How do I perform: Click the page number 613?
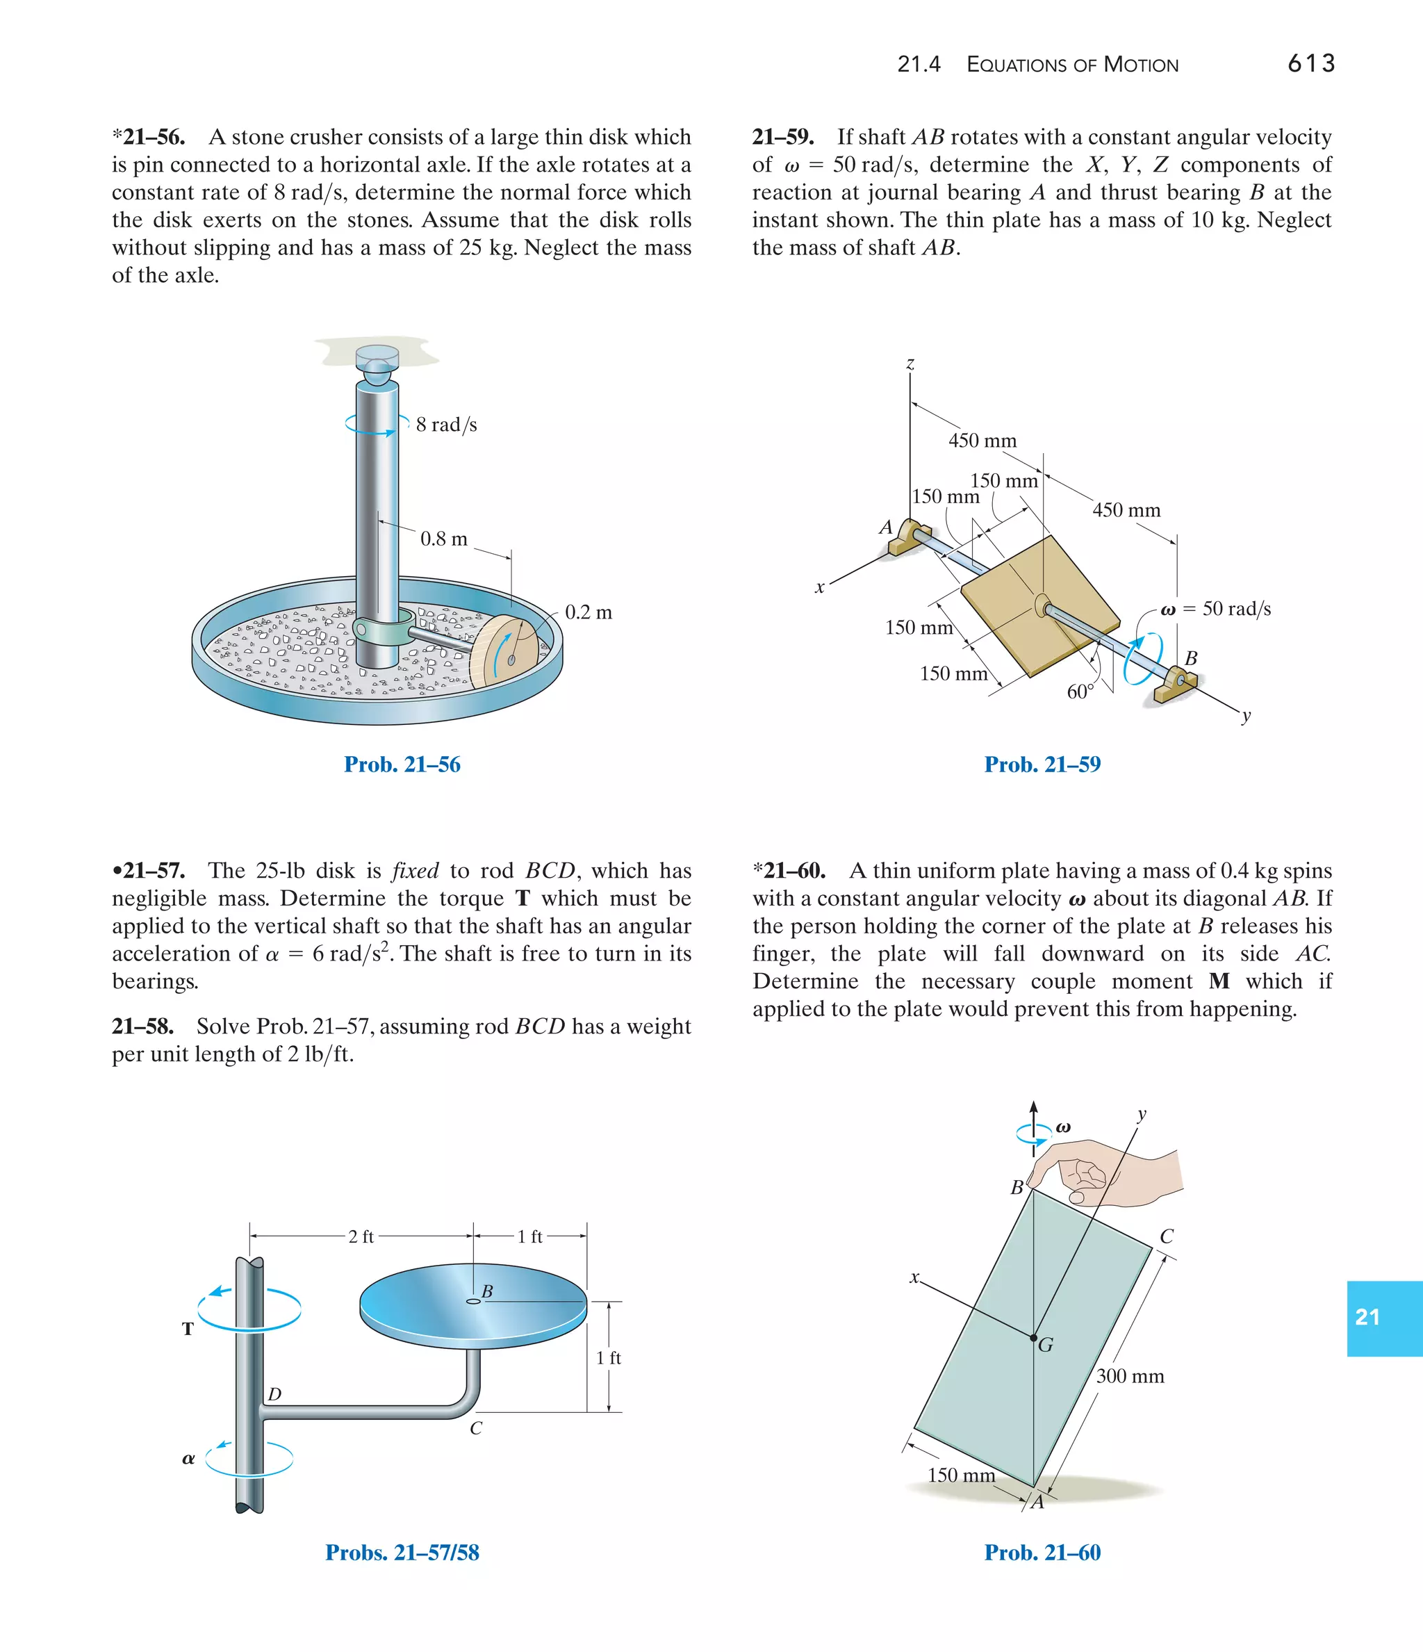click(1310, 64)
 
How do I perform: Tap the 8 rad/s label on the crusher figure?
click(447, 424)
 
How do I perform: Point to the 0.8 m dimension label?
click(443, 539)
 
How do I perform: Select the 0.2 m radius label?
click(589, 612)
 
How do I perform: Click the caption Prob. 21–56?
click(402, 764)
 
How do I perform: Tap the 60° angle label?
click(1080, 692)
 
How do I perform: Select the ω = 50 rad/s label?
click(1216, 609)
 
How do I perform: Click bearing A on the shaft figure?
click(909, 537)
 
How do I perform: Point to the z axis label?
click(910, 363)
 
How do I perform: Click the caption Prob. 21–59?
click(1042, 764)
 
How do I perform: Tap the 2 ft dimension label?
click(361, 1236)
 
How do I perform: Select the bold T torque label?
click(188, 1329)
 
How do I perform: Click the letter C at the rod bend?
click(476, 1428)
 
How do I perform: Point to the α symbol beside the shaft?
click(188, 1458)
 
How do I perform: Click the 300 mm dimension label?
click(1130, 1376)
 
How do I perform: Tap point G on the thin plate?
click(1033, 1339)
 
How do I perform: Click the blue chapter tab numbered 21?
click(1384, 1317)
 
